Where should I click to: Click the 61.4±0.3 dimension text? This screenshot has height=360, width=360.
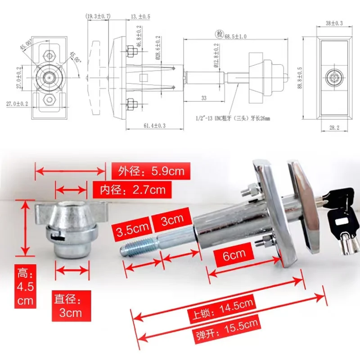(153, 126)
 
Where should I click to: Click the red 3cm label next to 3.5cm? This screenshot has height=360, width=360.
(172, 220)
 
